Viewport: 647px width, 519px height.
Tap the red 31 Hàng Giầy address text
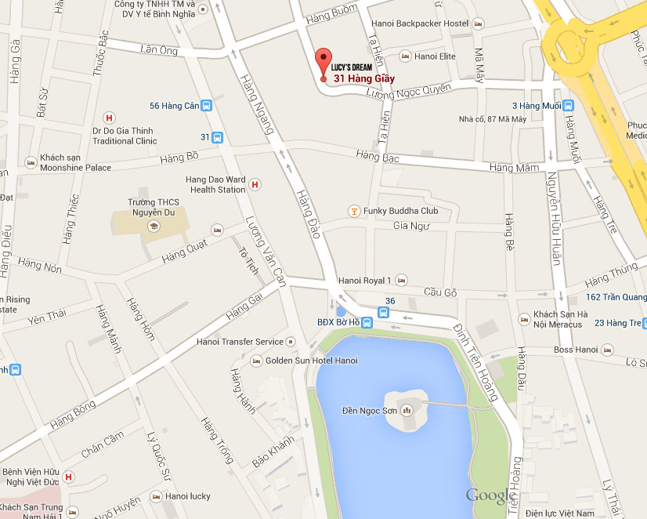coord(363,78)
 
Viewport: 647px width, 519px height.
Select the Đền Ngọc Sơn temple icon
coord(407,410)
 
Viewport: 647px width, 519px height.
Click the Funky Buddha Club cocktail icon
coord(354,211)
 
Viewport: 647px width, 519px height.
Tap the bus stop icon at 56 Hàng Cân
coord(206,106)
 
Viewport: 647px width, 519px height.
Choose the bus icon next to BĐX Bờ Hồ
coord(384,312)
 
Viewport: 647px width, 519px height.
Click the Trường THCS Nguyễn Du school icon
coord(153,226)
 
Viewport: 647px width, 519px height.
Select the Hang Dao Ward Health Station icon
coord(255,184)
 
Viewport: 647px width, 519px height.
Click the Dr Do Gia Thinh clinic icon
coord(109,117)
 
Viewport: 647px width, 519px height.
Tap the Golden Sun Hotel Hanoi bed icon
coord(255,361)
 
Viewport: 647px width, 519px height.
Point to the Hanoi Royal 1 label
coord(364,280)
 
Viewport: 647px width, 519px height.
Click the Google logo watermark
coord(491,495)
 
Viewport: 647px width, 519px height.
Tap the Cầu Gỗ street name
coord(439,292)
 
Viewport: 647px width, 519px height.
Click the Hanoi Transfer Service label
coord(240,342)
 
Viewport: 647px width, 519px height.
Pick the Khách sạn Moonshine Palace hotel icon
coord(31,162)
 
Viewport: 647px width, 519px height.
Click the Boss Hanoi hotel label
coord(576,350)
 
